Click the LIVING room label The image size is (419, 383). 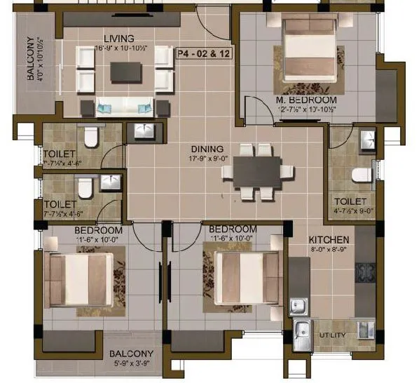[118, 38]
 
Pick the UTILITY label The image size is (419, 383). [332, 335]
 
